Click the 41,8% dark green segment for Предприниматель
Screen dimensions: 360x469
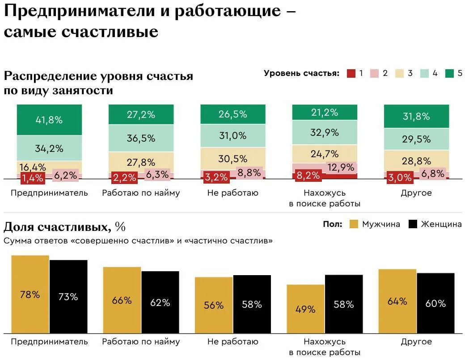(49, 120)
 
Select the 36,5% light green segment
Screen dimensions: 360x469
(141, 138)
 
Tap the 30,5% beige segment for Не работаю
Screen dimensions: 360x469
(232, 158)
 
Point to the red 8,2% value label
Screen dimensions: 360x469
(308, 175)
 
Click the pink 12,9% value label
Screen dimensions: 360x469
(341, 167)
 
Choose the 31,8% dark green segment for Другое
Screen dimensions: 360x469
(416, 116)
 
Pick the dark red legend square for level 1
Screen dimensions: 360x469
(351, 73)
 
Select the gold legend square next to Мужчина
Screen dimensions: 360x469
(354, 224)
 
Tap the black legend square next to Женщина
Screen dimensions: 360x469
(413, 224)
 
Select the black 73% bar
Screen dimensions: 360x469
(68, 296)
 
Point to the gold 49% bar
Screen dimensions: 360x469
(305, 309)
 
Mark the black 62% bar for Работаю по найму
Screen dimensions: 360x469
(160, 302)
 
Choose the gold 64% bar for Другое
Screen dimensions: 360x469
(397, 301)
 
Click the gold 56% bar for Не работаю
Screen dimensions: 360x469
(214, 305)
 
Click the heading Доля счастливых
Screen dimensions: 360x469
(57, 227)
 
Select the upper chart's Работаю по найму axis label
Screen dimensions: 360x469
(141, 193)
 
